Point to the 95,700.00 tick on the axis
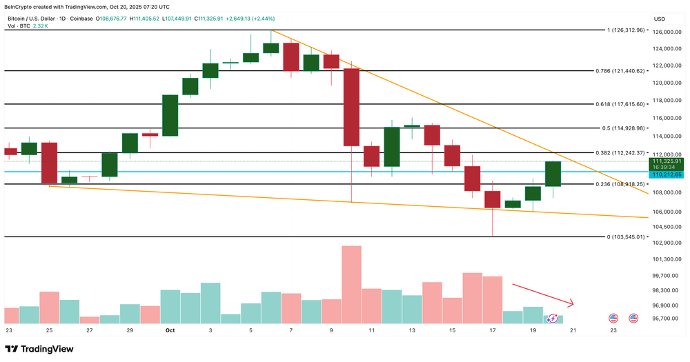tap(666, 319)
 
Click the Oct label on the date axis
tap(170, 330)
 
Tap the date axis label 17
tap(492, 330)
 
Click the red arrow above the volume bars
tap(542, 294)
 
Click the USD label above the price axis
tap(659, 19)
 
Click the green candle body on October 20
tap(553, 174)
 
